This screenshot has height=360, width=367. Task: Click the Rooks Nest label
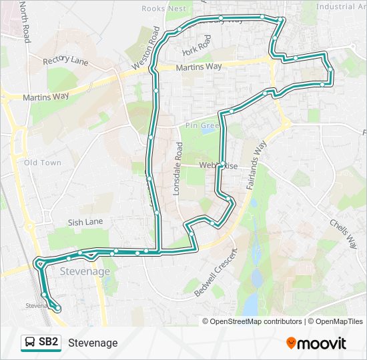(163, 9)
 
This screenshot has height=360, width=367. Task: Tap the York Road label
(196, 45)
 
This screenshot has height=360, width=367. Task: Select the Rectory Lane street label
(65, 61)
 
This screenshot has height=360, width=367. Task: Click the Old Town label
(43, 163)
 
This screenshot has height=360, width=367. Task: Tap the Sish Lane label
(85, 222)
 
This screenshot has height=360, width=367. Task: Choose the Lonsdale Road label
(177, 168)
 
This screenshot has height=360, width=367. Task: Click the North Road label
(25, 21)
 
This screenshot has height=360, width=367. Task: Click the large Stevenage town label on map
(85, 271)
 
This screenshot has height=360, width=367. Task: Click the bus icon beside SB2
(31, 343)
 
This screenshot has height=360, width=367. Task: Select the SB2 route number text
(49, 343)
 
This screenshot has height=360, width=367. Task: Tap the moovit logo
(316, 343)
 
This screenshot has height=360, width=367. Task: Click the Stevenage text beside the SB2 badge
(93, 343)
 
